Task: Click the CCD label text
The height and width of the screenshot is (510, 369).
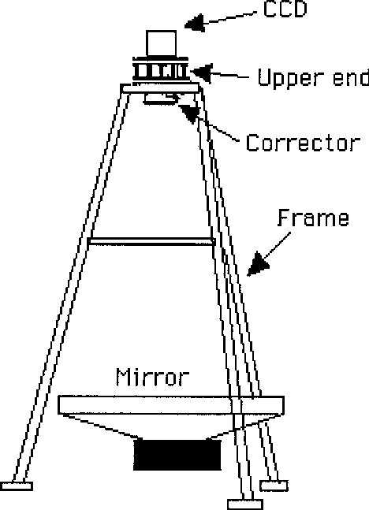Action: pyautogui.click(x=285, y=9)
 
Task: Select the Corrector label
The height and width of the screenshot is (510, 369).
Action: pyautogui.click(x=303, y=143)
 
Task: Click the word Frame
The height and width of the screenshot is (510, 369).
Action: pyautogui.click(x=314, y=218)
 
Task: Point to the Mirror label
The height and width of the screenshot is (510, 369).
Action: pyautogui.click(x=153, y=377)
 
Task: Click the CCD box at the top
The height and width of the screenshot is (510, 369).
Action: pyautogui.click(x=162, y=43)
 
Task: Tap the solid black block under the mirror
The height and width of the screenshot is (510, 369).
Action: pyautogui.click(x=177, y=455)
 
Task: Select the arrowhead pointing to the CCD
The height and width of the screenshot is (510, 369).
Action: pyautogui.click(x=195, y=23)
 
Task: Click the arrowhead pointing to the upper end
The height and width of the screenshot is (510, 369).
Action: pyautogui.click(x=202, y=73)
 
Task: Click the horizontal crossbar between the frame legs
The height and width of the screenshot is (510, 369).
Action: pyautogui.click(x=151, y=241)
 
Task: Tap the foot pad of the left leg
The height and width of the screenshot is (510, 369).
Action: pyautogui.click(x=17, y=486)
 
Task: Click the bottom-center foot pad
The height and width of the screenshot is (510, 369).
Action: pyautogui.click(x=245, y=504)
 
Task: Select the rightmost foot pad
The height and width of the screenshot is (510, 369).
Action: pyautogui.click(x=274, y=486)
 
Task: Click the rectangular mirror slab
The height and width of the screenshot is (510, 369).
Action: pyautogui.click(x=171, y=405)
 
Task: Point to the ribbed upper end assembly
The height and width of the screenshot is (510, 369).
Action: pyautogui.click(x=160, y=70)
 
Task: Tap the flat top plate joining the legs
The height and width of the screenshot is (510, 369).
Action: pyautogui.click(x=160, y=88)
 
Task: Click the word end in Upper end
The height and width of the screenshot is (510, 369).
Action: pyautogui.click(x=351, y=77)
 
